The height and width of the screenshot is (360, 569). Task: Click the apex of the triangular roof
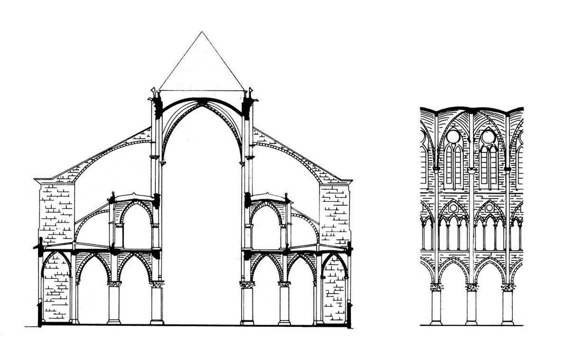click(202, 33)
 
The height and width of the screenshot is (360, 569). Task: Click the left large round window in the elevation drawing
click(453, 137)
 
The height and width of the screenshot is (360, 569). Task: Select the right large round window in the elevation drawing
click(488, 137)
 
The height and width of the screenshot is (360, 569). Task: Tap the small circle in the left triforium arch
click(454, 208)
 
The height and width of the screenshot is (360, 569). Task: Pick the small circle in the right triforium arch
click(489, 208)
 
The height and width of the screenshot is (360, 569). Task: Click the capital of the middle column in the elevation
click(472, 287)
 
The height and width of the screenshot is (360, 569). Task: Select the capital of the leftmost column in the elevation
click(436, 287)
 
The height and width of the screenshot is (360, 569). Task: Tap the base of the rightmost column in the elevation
click(507, 322)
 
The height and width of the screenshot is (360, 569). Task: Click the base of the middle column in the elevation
click(472, 322)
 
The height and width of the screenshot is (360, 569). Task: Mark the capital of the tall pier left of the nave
click(156, 284)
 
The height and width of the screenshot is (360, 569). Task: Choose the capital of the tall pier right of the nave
click(247, 284)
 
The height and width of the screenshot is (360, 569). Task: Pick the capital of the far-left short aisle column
click(114, 284)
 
